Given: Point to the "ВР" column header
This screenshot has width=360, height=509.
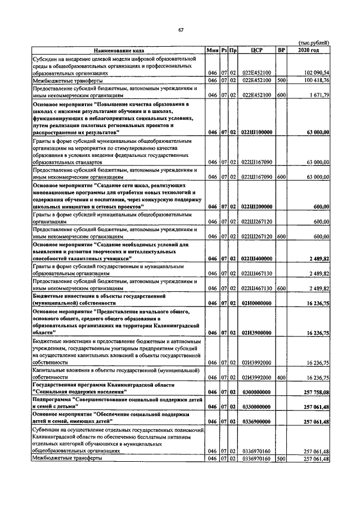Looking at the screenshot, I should [x=281, y=50].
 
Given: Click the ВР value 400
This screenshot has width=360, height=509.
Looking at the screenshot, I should [x=281, y=377].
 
